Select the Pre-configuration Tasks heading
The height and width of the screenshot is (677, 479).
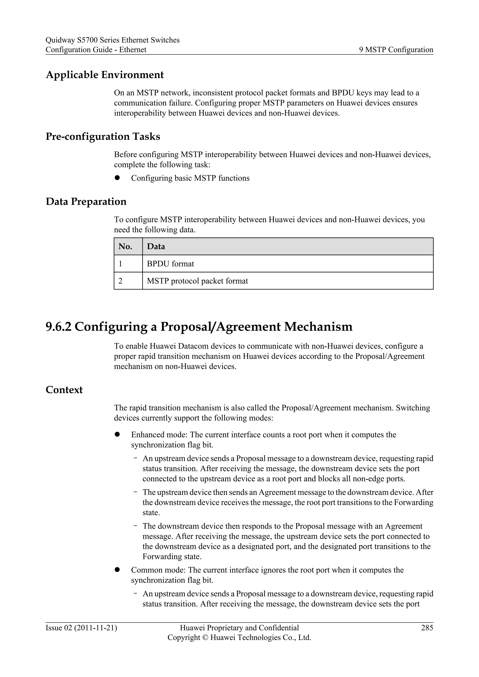(x=103, y=137)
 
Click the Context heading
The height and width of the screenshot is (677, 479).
(x=64, y=390)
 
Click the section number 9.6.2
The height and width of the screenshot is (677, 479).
(x=58, y=327)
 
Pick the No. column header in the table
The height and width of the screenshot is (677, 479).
(x=125, y=246)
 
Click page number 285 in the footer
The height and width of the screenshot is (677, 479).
(x=427, y=628)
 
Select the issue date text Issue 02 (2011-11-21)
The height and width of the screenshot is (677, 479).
(x=81, y=628)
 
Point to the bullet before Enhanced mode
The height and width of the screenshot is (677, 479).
(x=117, y=434)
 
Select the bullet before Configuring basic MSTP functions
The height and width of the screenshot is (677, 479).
(x=117, y=178)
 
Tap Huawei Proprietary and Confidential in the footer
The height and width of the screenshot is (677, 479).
(x=239, y=628)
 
